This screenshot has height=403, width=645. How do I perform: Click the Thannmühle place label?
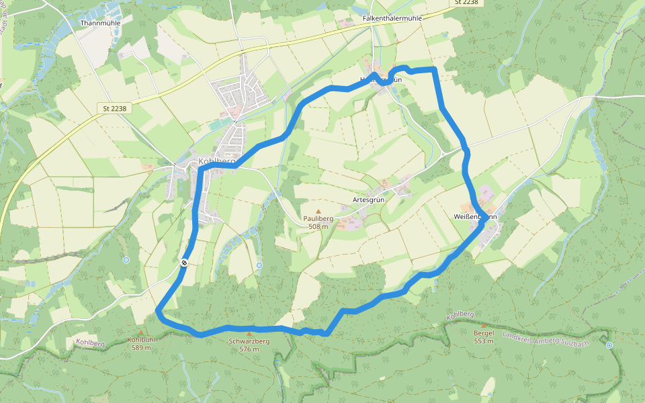[x=99, y=23]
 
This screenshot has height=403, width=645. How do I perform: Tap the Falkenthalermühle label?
[x=391, y=18]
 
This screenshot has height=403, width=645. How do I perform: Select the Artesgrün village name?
[x=368, y=200]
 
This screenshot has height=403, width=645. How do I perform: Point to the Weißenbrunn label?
[x=474, y=217]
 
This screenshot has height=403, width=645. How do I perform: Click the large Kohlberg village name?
[x=216, y=161]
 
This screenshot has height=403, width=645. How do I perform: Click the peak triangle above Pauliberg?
[x=318, y=211]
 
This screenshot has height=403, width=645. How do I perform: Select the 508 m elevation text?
[x=318, y=227]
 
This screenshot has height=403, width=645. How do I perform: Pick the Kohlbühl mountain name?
[x=141, y=340]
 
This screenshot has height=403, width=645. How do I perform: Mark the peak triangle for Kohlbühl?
[x=141, y=332]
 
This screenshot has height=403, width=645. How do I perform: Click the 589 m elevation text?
[x=141, y=348]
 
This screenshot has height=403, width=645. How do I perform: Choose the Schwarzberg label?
[x=249, y=341]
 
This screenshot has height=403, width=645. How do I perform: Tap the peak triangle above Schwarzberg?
[x=249, y=333]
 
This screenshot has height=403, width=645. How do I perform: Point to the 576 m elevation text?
[x=249, y=349]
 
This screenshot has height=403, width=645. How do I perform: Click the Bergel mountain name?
[x=484, y=333]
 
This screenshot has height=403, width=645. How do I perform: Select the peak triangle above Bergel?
[x=484, y=325]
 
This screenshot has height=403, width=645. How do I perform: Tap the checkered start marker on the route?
[x=183, y=263]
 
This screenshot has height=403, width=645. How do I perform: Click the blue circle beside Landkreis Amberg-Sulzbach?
[x=609, y=345]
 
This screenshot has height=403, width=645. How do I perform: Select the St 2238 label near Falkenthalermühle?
[x=466, y=3]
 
